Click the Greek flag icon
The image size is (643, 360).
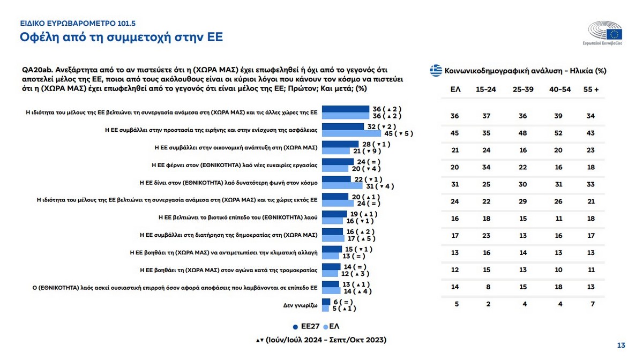tap(436, 70)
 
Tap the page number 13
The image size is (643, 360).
tap(622, 344)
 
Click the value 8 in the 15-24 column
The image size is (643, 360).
tap(487, 287)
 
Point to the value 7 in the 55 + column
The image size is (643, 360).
tap(591, 304)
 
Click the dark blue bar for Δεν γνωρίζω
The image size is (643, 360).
tap(326, 302)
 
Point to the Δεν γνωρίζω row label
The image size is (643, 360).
tap(300, 305)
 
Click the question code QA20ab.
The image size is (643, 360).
tap(36, 70)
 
